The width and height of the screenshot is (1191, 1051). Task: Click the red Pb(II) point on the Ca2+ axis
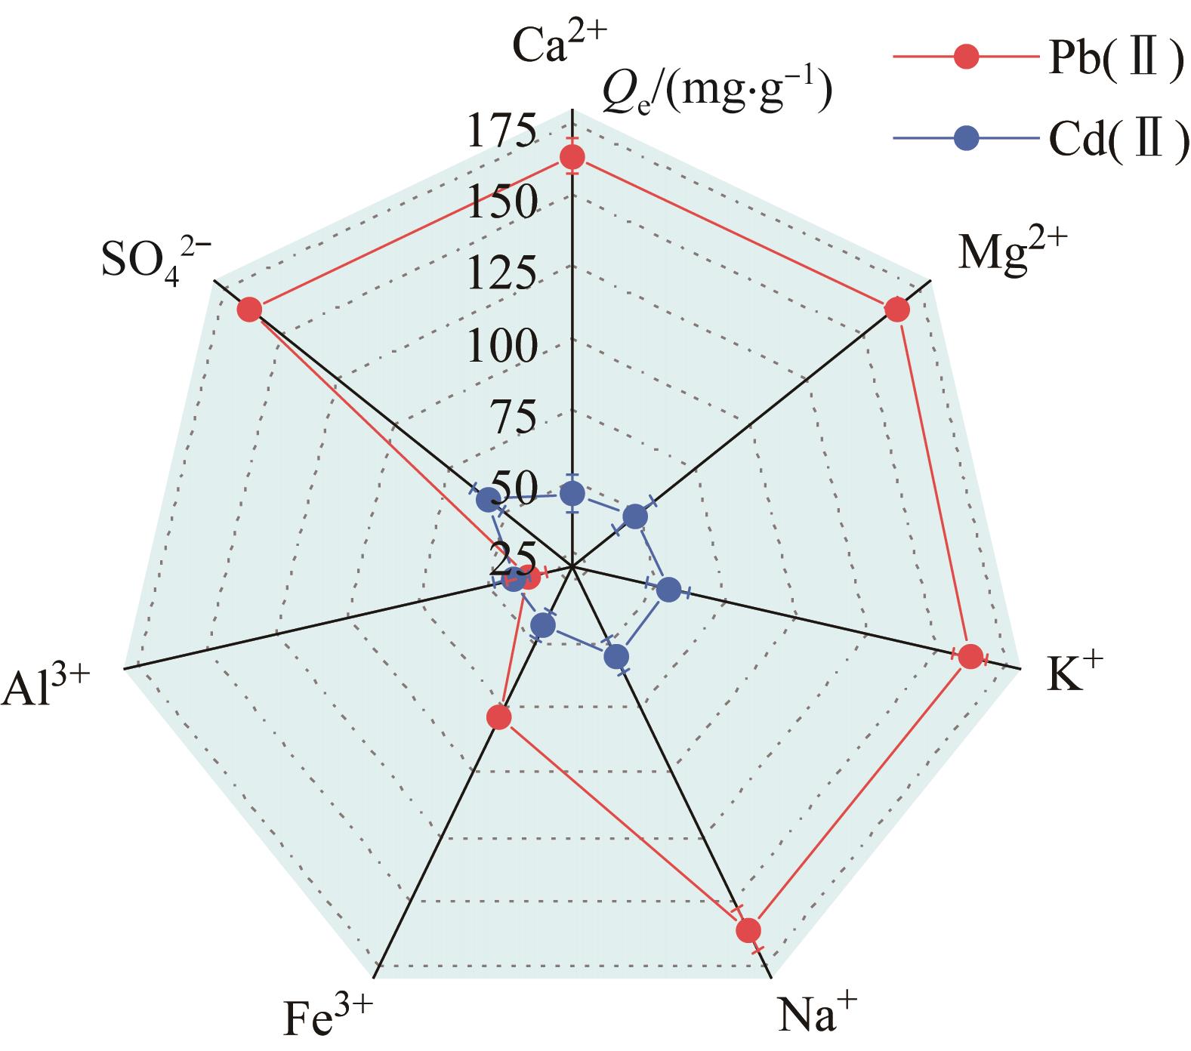click(x=572, y=158)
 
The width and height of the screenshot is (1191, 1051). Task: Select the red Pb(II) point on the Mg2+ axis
click(x=896, y=310)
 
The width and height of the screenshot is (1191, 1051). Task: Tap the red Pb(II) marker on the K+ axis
click(x=971, y=657)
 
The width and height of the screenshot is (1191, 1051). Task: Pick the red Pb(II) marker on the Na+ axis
click(x=748, y=930)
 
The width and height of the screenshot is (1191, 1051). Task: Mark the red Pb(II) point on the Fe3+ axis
click(x=498, y=718)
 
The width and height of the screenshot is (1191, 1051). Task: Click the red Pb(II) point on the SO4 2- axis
click(x=249, y=310)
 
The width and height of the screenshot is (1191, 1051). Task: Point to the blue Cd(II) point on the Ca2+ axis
click(x=572, y=494)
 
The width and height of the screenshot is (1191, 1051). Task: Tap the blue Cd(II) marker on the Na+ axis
click(x=617, y=657)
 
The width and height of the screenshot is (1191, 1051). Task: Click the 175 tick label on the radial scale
click(x=502, y=130)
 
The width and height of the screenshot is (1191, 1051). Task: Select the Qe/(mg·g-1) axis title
click(x=717, y=93)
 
